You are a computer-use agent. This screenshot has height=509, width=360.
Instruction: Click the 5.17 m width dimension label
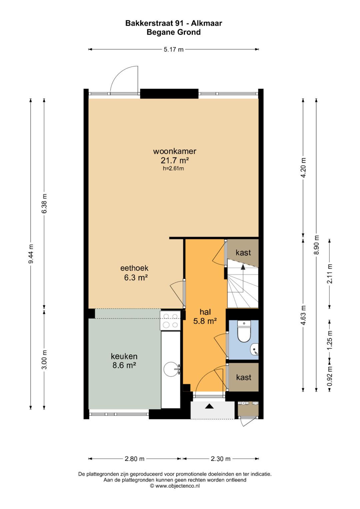(173, 50)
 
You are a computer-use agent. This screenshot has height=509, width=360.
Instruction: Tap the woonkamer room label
(175, 151)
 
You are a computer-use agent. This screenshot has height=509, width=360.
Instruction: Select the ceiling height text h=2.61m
(173, 168)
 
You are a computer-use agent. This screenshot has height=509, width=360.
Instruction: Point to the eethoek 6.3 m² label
(135, 273)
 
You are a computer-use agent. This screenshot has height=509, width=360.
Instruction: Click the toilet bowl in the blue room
(244, 333)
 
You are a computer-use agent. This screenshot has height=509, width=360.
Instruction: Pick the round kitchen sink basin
(171, 369)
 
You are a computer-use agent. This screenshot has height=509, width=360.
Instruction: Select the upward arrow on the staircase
(243, 268)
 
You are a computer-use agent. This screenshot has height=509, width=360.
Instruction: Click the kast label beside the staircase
(243, 252)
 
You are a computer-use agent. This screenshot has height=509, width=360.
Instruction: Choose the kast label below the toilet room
(244, 377)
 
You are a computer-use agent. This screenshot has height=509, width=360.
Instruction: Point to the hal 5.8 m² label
(205, 317)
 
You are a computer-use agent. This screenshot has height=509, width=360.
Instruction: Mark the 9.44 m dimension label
(31, 254)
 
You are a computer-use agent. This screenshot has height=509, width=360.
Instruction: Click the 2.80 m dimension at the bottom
(135, 459)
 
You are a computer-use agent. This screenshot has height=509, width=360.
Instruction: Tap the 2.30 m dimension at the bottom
(220, 459)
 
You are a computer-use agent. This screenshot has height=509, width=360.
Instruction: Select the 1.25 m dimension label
(330, 343)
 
